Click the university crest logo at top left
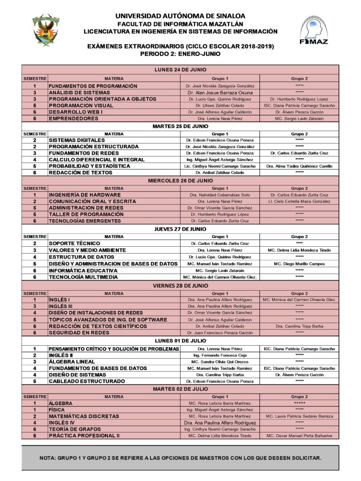[46, 31]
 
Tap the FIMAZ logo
[314, 31]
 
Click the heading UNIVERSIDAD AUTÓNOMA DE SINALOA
[180, 16]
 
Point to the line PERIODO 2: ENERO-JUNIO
[180, 54]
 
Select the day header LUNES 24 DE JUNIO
[180, 70]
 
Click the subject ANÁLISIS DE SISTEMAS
[79, 93]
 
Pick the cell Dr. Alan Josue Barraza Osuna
[220, 93]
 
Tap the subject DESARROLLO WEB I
[76, 112]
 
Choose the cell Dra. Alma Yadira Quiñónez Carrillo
[299, 166]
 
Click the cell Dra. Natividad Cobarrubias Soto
[220, 195]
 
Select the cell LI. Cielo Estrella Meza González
[299, 202]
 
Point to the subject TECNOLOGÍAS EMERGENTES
[85, 221]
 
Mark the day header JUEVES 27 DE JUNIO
[180, 229]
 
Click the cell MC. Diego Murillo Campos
[299, 264]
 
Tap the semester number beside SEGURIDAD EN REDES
[35, 333]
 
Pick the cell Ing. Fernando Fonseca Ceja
[220, 356]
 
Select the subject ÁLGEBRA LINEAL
[72, 362]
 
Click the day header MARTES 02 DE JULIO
[180, 389]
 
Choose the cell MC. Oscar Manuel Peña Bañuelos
[299, 436]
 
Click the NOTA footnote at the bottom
[180, 458]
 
